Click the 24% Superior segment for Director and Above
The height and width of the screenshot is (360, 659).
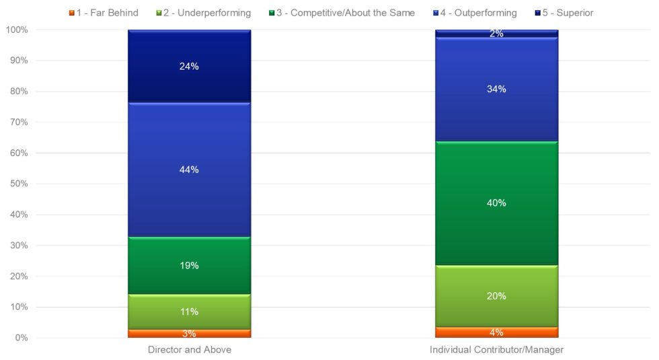pos(189,66)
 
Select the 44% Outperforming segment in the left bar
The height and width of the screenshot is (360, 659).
pos(189,170)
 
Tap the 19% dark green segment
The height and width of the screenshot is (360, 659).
pos(189,266)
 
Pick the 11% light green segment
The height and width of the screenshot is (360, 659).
pos(189,312)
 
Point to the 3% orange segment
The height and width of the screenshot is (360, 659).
pos(189,334)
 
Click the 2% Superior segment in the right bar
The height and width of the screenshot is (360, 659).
pos(496,34)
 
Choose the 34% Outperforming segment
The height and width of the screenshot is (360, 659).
pos(496,89)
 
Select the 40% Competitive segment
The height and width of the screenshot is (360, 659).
pos(496,203)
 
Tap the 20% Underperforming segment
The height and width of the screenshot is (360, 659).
pos(496,296)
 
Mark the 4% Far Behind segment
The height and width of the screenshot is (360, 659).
pos(496,332)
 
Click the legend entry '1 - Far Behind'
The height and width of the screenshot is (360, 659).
pos(104,13)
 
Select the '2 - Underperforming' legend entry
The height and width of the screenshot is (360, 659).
pos(203,13)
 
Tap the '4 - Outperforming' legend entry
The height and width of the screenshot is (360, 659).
pos(475,13)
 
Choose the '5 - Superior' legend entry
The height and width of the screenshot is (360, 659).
pos(564,13)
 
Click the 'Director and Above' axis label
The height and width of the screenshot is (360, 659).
pos(190,350)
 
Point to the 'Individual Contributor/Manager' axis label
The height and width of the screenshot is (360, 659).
pos(496,350)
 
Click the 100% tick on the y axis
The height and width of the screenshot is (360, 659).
pos(17,30)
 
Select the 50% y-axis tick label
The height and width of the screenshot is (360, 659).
pos(19,184)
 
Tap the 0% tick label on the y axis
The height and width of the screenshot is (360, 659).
pos(22,338)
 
